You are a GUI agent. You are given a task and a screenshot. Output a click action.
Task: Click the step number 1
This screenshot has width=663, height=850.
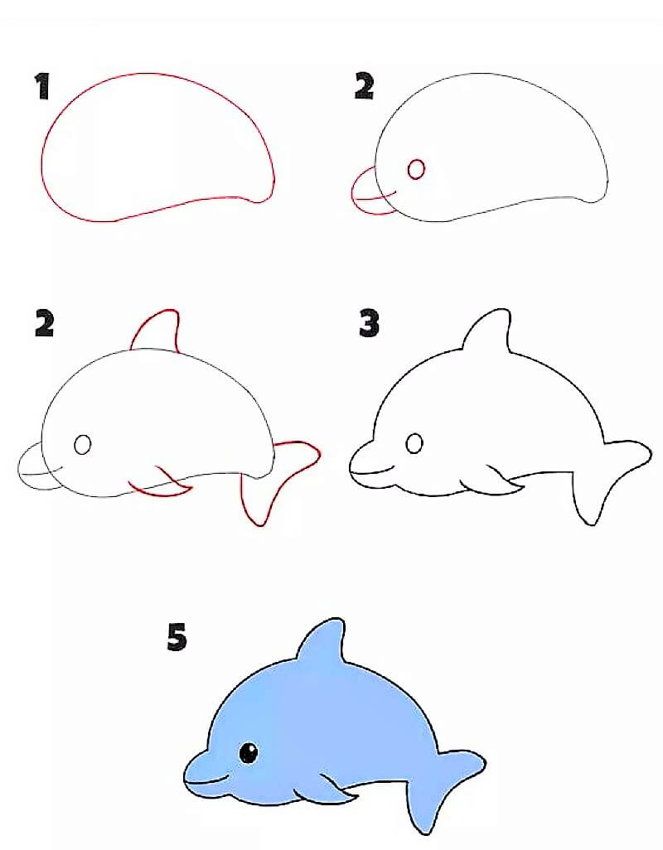(42, 86)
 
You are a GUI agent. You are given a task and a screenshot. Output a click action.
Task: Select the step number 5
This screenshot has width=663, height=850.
(177, 637)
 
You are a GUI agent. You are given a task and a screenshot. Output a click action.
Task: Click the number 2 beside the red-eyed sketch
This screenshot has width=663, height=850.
(364, 86)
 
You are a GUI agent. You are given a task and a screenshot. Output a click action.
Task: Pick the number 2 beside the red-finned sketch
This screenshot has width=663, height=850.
(44, 323)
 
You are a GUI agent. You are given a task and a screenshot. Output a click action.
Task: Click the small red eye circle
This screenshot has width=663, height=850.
(416, 169)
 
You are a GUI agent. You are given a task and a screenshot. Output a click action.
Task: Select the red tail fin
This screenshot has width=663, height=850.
(278, 481)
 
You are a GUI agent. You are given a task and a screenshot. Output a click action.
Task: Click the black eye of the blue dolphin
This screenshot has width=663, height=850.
(248, 752)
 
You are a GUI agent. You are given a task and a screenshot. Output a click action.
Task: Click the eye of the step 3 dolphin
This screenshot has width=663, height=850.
(414, 443)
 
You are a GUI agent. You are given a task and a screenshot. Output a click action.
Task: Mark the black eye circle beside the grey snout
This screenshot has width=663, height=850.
(82, 445)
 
